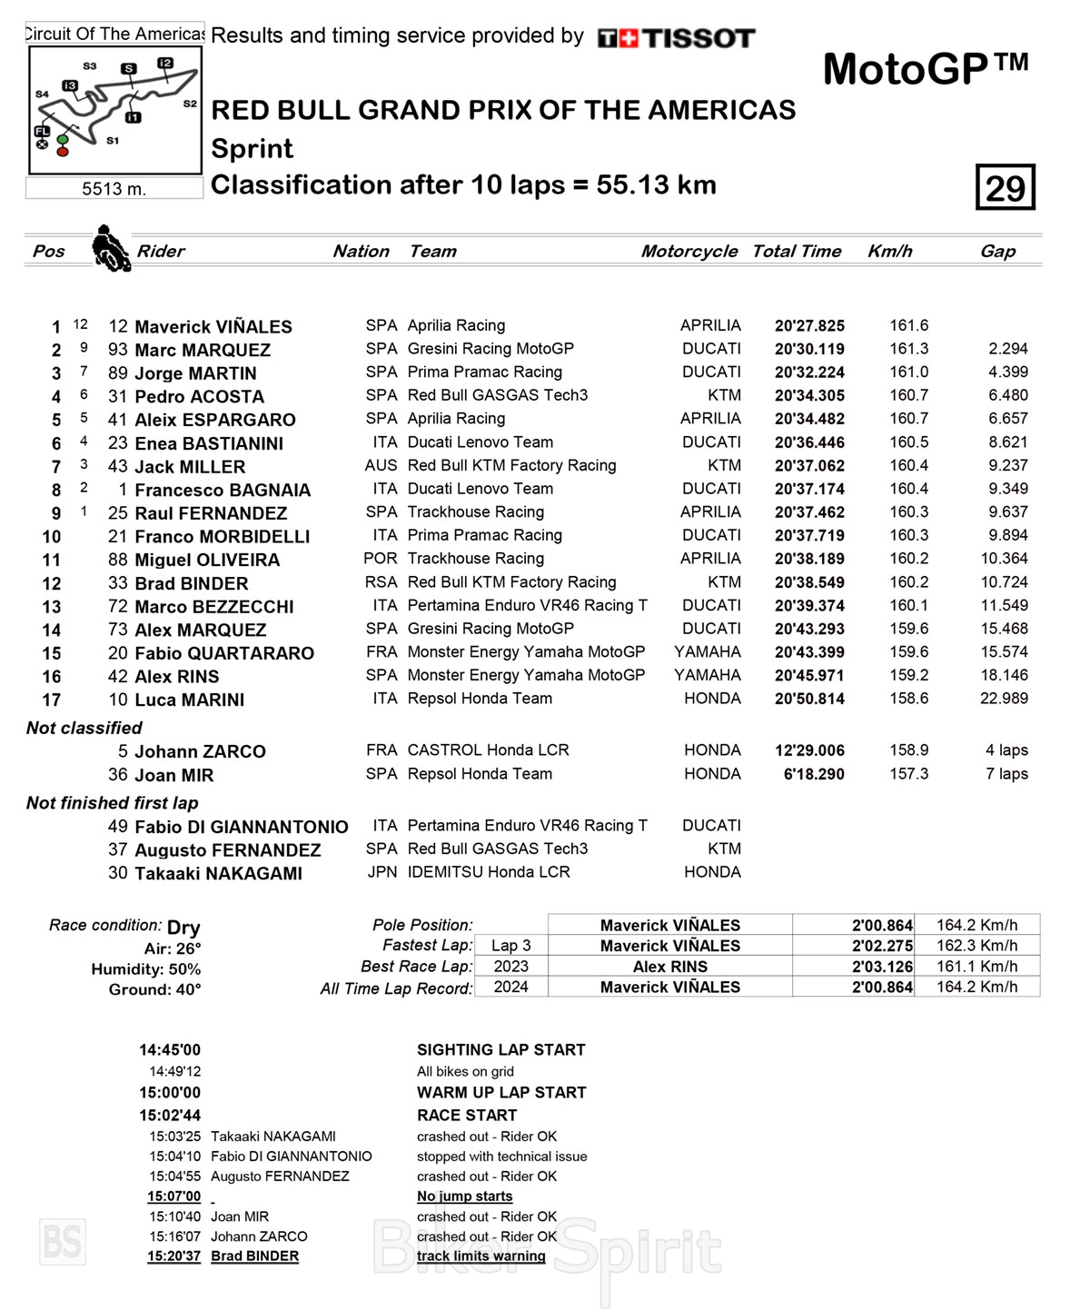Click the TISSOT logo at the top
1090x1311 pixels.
click(x=677, y=38)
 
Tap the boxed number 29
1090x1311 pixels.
click(x=1006, y=188)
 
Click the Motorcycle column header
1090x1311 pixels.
click(x=689, y=252)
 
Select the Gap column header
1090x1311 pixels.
click(x=997, y=252)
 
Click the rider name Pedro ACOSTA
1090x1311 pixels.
click(x=199, y=397)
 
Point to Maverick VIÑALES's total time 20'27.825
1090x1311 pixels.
click(x=809, y=326)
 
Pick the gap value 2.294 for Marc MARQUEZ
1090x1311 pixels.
click(x=1008, y=349)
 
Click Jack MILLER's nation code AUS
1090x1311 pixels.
click(x=381, y=465)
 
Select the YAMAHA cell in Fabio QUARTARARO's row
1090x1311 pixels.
click(x=708, y=652)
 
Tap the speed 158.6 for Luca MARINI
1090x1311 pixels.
click(x=908, y=699)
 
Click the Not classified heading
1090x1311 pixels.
click(x=84, y=728)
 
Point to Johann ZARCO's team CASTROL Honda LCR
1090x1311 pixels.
click(x=488, y=750)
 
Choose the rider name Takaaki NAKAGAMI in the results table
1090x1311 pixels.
click(x=218, y=873)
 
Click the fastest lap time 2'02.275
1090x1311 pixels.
click(x=882, y=946)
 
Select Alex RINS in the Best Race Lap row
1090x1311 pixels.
click(x=669, y=967)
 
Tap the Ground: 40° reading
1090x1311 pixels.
click(x=154, y=989)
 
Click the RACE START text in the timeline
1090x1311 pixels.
click(x=467, y=1115)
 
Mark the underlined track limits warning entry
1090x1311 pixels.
click(x=481, y=1256)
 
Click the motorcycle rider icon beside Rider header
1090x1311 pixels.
click(x=111, y=248)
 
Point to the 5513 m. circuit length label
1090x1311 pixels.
click(x=114, y=189)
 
